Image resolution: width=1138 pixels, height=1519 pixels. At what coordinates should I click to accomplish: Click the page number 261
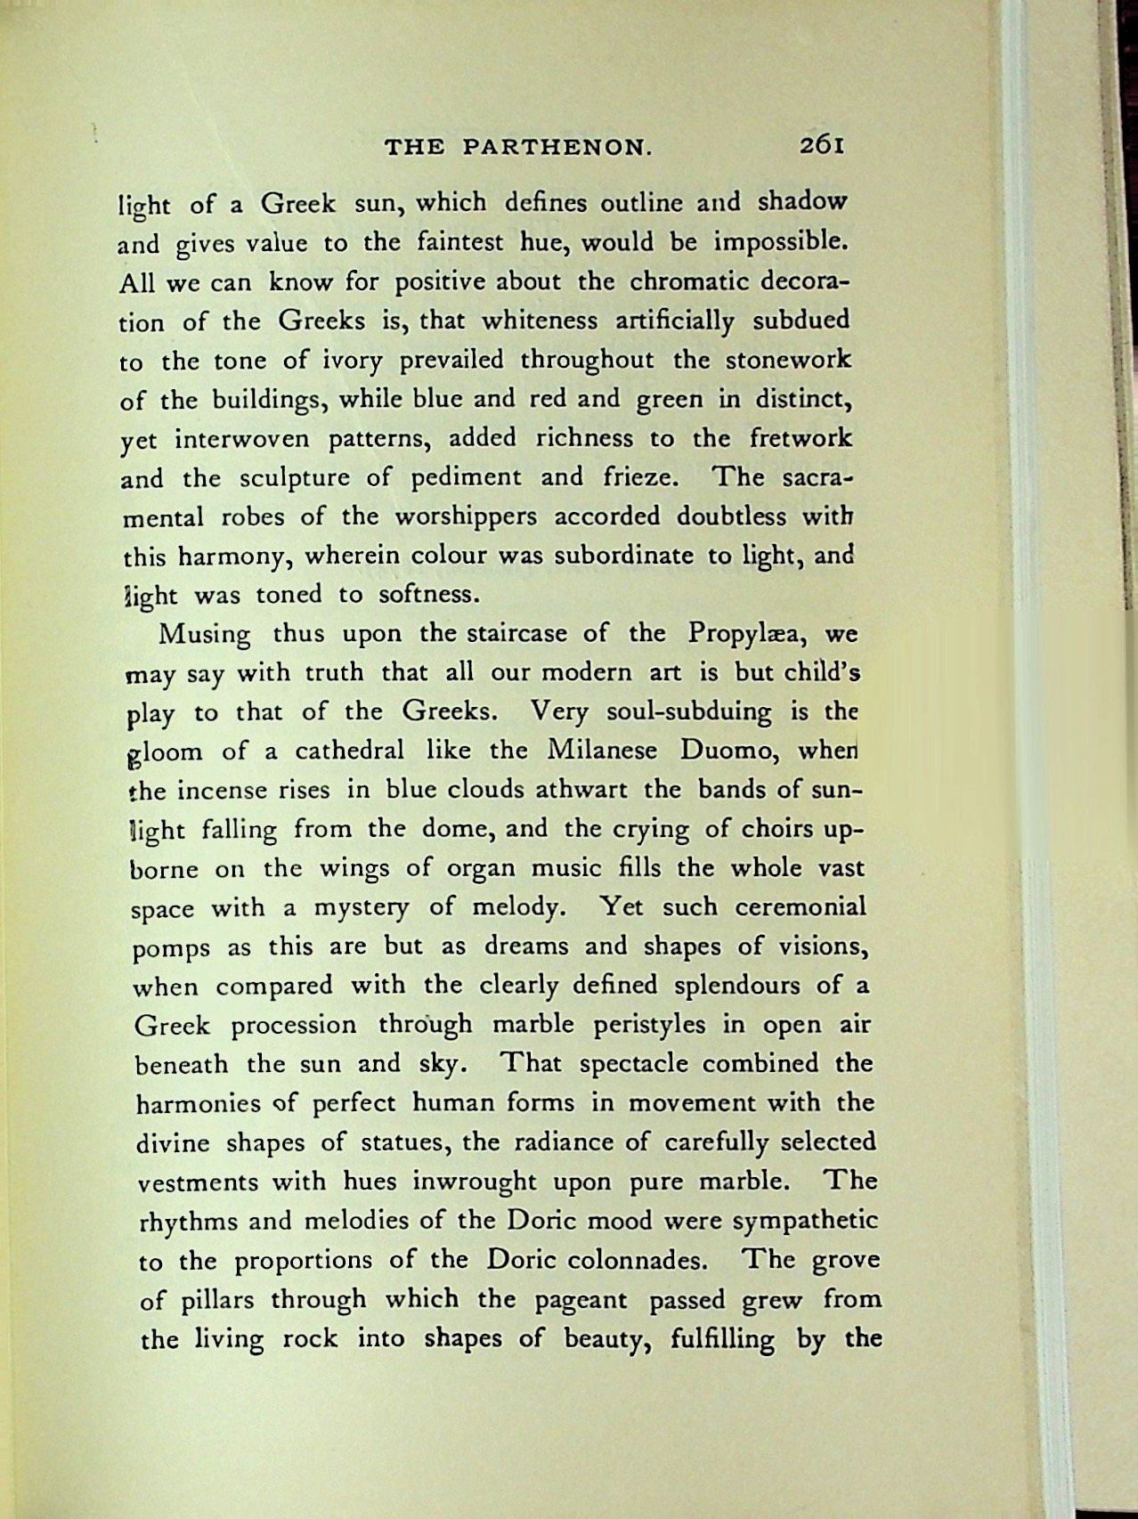pos(820,145)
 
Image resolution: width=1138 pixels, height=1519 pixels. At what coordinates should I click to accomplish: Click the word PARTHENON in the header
pos(558,148)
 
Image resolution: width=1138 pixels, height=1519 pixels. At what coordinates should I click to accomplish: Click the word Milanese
pos(602,750)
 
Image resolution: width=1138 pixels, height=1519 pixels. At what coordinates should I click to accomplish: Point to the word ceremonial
pos(801,907)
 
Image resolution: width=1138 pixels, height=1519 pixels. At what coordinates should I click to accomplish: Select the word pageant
pos(581,1301)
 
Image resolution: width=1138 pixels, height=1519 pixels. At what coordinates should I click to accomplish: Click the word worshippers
pos(477,517)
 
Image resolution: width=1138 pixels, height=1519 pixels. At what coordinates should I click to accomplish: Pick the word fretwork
pos(800,438)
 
